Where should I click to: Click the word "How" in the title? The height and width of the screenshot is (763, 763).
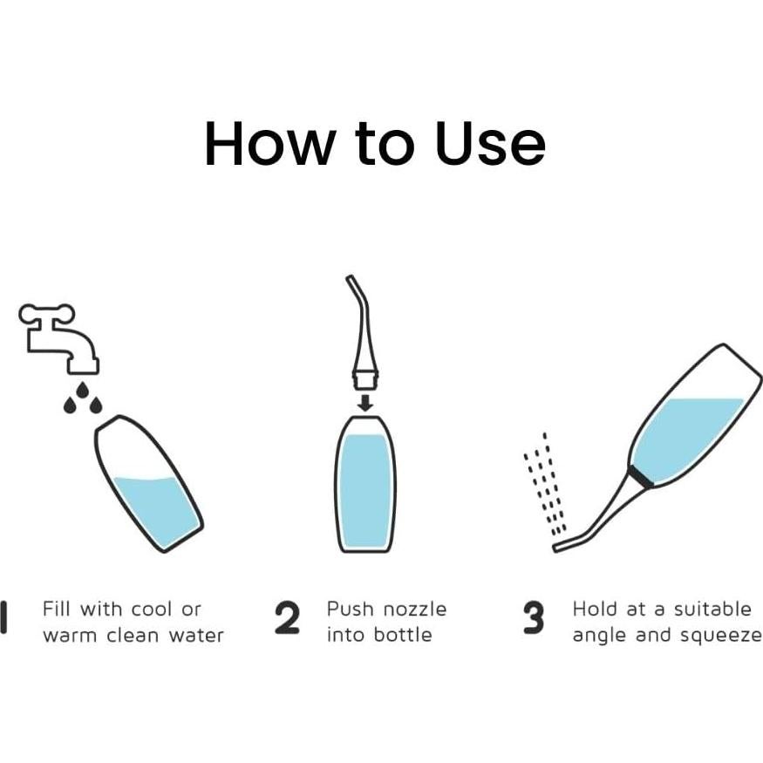[269, 144]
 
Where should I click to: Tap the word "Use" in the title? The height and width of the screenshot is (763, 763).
[490, 144]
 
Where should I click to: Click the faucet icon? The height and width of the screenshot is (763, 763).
[59, 338]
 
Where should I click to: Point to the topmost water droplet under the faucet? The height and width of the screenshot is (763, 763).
[83, 391]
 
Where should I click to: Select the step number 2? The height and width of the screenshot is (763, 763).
[287, 617]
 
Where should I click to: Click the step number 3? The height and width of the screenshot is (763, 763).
[534, 617]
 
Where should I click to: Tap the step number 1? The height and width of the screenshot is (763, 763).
[3, 617]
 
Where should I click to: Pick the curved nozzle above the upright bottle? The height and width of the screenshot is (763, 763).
[363, 336]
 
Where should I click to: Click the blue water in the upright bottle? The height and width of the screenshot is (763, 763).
[365, 489]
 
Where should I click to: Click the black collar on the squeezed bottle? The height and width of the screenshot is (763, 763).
[640, 476]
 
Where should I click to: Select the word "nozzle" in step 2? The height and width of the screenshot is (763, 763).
[414, 610]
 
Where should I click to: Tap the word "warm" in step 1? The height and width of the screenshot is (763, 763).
[70, 636]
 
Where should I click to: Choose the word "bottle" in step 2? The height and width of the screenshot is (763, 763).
[403, 635]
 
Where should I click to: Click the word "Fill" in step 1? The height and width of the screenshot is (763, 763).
[57, 609]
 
